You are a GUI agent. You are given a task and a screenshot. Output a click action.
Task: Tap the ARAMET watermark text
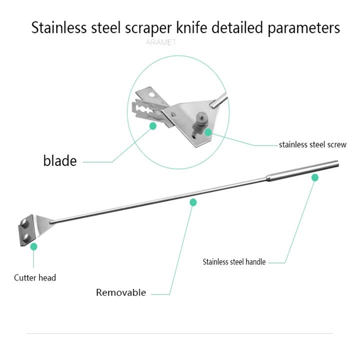tap(160, 42)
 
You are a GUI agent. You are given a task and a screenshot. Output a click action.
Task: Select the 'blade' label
tap(60, 161)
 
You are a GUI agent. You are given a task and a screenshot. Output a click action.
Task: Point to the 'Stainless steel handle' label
tap(234, 261)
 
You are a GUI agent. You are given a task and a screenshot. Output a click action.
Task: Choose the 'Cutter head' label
tap(35, 277)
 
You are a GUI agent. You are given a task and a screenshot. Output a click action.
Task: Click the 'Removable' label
tap(121, 292)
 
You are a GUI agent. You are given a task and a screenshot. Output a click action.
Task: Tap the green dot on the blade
tap(153, 126)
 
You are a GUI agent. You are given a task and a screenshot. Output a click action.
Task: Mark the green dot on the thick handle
tap(315, 177)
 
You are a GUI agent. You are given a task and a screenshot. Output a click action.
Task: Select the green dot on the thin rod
tap(193, 202)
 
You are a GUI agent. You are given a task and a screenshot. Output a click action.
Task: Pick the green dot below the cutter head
tap(34, 246)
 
